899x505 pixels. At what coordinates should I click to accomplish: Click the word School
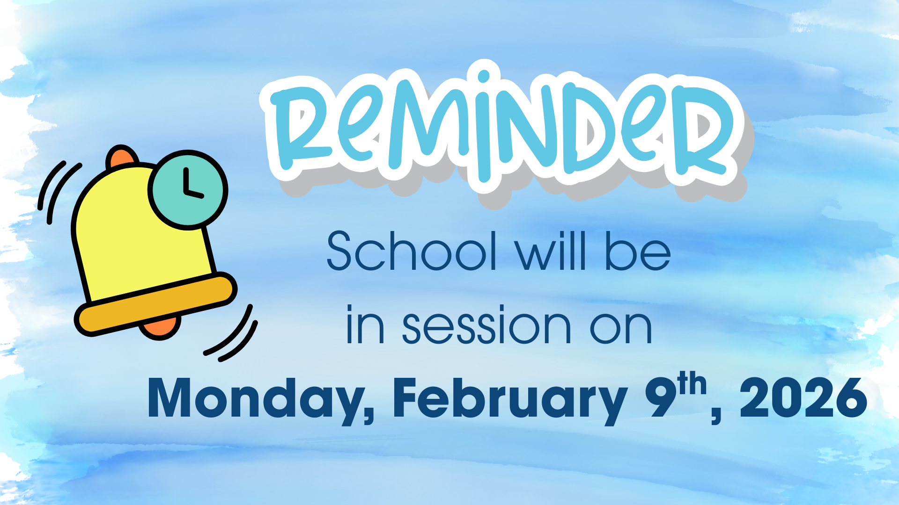[412, 251]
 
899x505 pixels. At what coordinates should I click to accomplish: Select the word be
[638, 251]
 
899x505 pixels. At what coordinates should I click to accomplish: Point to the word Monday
[260, 398]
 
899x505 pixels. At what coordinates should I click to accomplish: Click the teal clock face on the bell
[188, 190]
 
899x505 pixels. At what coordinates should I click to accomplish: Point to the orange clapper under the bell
[160, 327]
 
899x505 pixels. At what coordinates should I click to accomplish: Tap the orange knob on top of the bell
[122, 157]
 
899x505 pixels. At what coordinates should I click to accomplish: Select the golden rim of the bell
[155, 303]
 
